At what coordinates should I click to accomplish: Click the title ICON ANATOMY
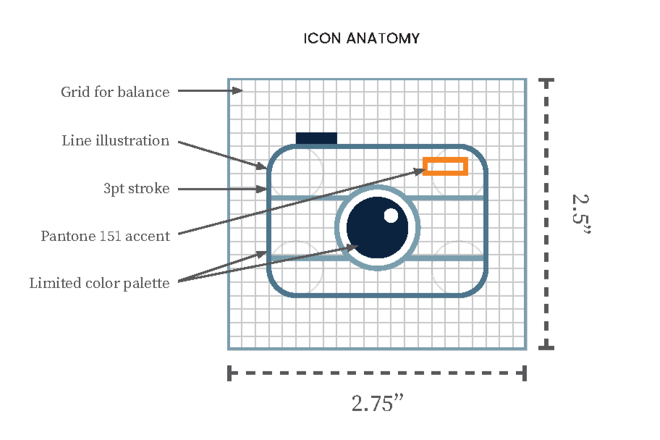coord(361,38)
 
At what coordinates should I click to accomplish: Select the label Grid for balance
coord(115,92)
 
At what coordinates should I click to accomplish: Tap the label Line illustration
coord(115,140)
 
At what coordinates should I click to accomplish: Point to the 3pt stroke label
coord(136,189)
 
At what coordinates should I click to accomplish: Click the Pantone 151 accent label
coord(105,236)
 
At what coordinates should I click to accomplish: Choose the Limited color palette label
coord(99,283)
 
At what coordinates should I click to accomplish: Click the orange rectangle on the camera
coord(445,166)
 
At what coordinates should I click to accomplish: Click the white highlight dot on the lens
coord(391,215)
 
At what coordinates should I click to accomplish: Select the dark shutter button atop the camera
coord(316,138)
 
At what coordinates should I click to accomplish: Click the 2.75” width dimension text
coord(376,403)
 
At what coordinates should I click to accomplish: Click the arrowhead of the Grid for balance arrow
coord(238,90)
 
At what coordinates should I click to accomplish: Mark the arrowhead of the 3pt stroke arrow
coord(264,190)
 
